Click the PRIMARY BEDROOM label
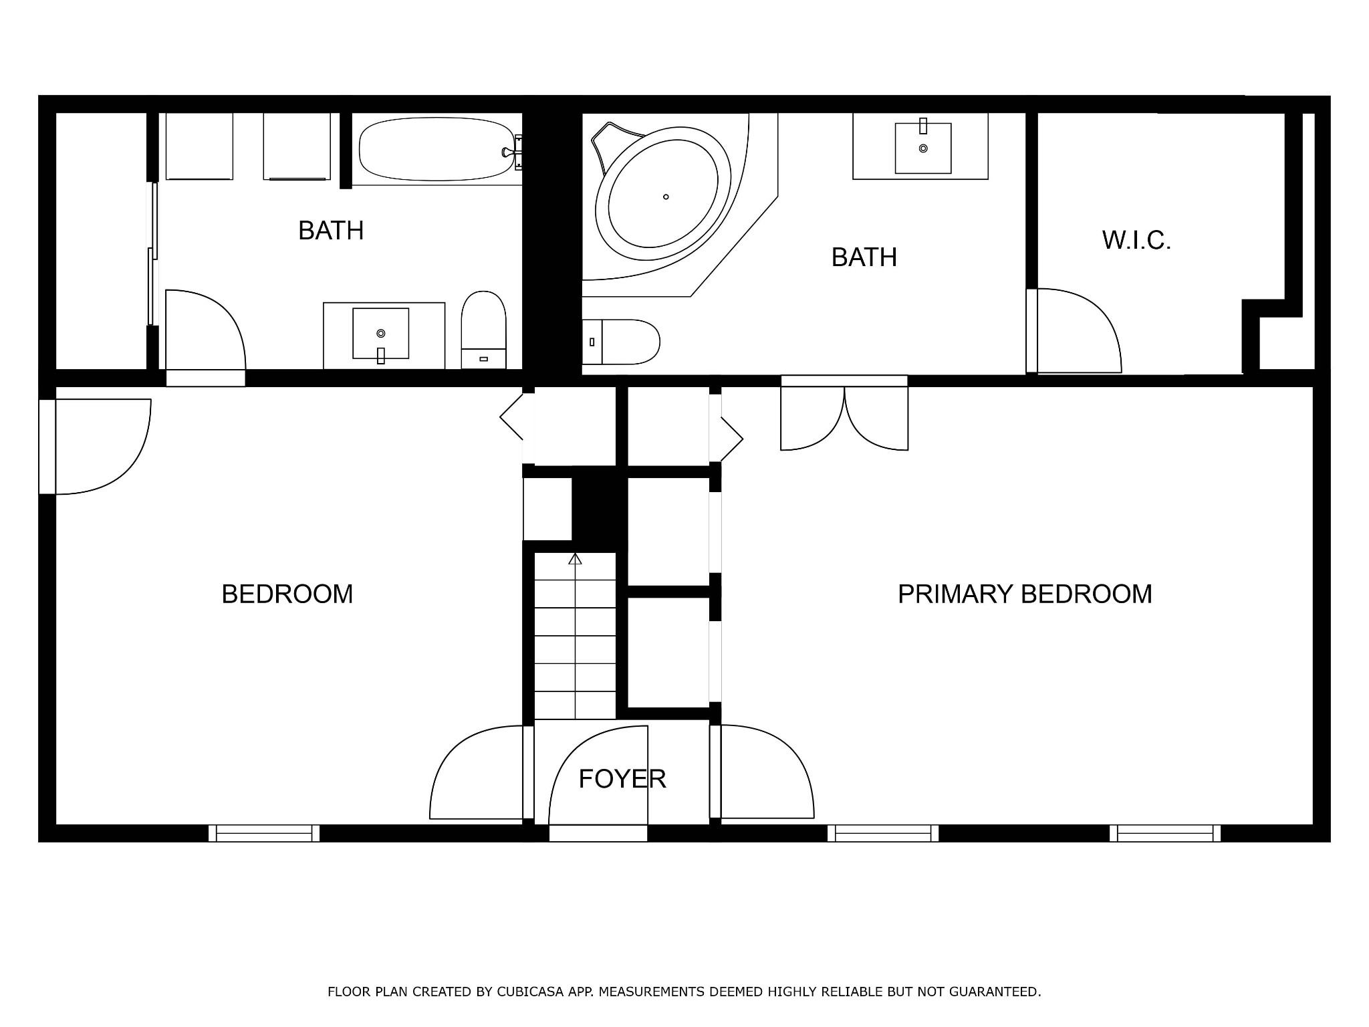1025,594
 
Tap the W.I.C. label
1136,240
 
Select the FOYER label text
622,779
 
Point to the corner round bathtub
663,197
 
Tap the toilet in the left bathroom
483,330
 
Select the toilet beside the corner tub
620,342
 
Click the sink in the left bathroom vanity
380,334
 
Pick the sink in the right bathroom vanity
923,148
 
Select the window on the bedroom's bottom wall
264,833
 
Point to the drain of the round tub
666,197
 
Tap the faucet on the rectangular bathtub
513,152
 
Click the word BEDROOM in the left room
287,594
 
